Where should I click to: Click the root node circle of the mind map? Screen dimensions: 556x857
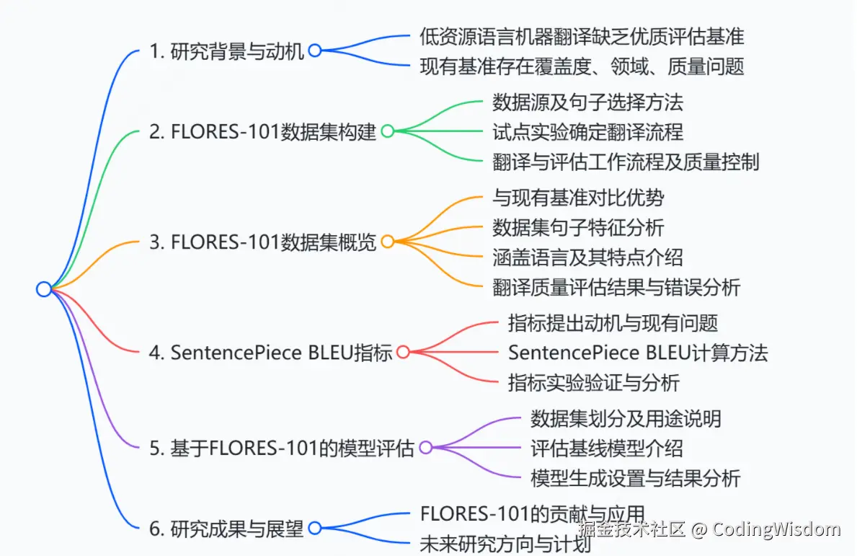[44, 289]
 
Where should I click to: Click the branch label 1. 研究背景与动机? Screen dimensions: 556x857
[227, 51]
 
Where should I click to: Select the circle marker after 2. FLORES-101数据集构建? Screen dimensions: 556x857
[387, 131]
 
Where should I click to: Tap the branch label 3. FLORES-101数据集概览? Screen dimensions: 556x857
[262, 242]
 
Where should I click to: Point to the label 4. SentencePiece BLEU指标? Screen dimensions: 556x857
[270, 353]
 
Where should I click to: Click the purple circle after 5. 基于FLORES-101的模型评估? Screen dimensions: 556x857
[425, 448]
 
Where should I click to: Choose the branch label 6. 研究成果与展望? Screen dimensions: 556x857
[226, 529]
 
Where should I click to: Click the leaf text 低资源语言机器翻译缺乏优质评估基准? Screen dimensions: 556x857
[582, 35]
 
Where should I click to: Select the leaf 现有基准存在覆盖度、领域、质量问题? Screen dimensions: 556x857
[582, 67]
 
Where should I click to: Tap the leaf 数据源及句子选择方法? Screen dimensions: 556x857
[587, 102]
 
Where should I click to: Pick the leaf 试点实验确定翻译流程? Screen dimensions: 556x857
[587, 132]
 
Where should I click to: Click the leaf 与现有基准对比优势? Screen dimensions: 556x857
[578, 197]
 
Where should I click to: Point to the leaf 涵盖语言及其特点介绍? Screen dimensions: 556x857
[587, 257]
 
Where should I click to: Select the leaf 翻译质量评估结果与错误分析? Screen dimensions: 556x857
[616, 287]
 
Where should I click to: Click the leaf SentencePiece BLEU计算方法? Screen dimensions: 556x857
[638, 353]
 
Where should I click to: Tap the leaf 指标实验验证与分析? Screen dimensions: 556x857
[594, 383]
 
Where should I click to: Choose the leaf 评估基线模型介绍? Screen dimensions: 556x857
[606, 448]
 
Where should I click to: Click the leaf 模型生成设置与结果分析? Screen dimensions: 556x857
[635, 478]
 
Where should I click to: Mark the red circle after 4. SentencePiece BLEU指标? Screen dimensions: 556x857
[404, 352]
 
